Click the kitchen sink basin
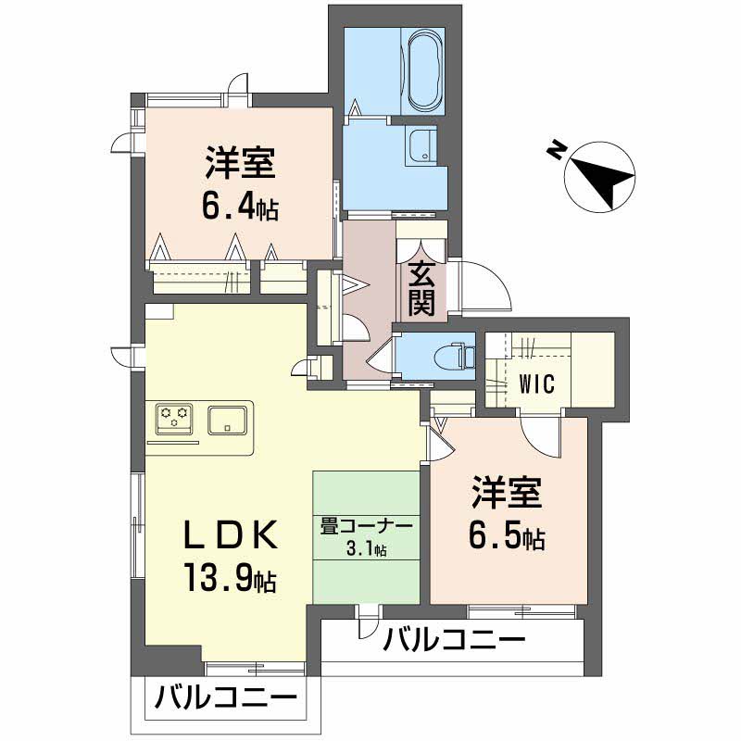tap(227, 420)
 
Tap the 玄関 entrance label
tap(421, 289)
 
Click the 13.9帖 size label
tap(227, 579)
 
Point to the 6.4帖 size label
tap(239, 206)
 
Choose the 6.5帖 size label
tap(506, 534)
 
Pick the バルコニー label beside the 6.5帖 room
tap(454, 640)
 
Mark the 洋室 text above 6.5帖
tap(506, 495)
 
